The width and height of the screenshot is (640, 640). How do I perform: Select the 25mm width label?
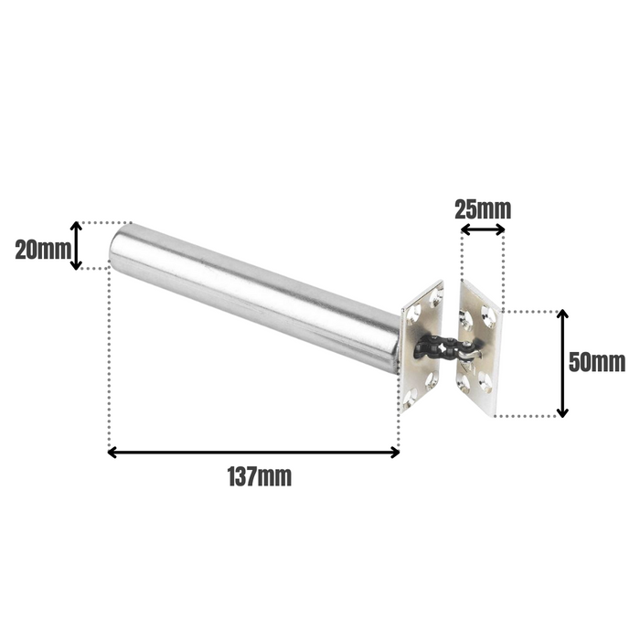(x=483, y=208)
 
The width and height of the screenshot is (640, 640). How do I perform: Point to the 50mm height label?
(x=596, y=362)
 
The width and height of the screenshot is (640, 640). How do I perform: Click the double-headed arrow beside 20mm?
(x=78, y=245)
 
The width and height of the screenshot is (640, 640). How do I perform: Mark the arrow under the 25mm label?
(x=483, y=230)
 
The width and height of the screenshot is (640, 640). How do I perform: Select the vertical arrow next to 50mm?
(x=562, y=363)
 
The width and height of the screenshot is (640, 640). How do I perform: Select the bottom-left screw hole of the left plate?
(x=411, y=394)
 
